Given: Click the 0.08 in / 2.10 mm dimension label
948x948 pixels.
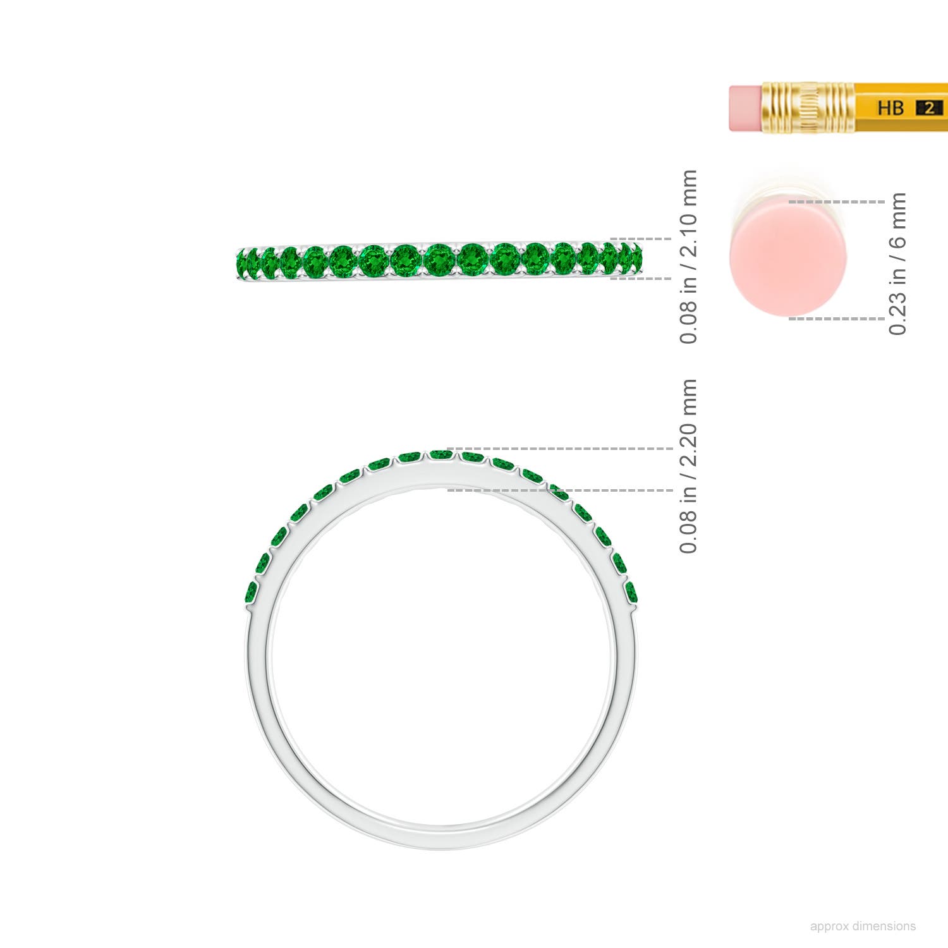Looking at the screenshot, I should coord(688,257).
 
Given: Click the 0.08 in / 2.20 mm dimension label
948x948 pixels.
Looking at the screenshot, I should coord(688,466).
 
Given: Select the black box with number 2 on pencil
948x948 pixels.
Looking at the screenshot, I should coord(929,107).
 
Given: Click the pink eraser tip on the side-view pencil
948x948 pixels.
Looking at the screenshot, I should coord(746,107).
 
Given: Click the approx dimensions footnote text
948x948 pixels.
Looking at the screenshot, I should coord(863,926).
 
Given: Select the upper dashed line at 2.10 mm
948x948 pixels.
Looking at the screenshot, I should coord(641,240).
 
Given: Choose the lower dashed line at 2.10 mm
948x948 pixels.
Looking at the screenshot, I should coord(641,278).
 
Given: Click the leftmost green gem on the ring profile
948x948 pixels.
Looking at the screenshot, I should coord(251,592).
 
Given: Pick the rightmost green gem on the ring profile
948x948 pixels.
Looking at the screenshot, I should coord(631,592).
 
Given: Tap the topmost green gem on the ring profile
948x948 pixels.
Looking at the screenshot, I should coord(441,454).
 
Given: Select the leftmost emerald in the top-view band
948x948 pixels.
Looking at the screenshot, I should coord(241,262).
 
